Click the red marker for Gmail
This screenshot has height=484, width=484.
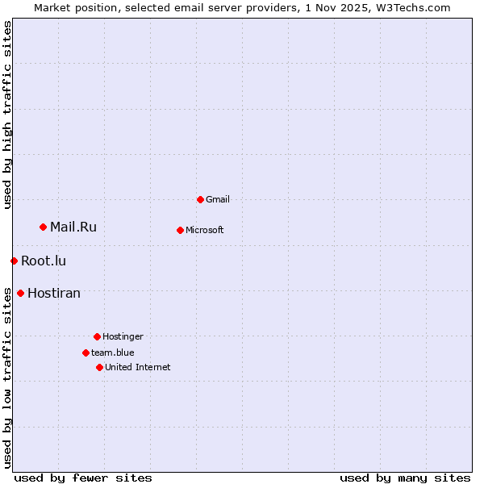pos(200,199)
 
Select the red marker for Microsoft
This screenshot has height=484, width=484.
pos(180,230)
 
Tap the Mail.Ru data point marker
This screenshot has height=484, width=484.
pos(43,227)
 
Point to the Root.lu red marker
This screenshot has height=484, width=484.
pos(14,261)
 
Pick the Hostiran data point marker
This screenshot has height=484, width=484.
pos(20,293)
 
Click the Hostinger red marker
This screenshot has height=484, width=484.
pos(97,336)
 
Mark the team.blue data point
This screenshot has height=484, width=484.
pos(86,353)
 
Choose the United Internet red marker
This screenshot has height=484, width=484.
pos(99,367)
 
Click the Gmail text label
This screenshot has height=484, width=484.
pos(218,199)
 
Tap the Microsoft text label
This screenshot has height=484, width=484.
pos(205,230)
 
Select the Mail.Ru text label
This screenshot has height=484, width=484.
pos(73,227)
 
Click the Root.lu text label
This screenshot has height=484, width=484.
pos(44,261)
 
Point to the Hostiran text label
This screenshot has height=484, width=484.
pos(54,293)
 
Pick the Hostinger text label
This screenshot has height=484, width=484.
pos(123,336)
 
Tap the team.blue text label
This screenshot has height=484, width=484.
pos(113,353)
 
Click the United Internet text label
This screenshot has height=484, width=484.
pos(138,367)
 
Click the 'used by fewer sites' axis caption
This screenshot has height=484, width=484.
pos(83,478)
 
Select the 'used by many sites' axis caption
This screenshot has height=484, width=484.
pos(405,478)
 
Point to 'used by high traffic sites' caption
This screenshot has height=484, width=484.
pos(7,115)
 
